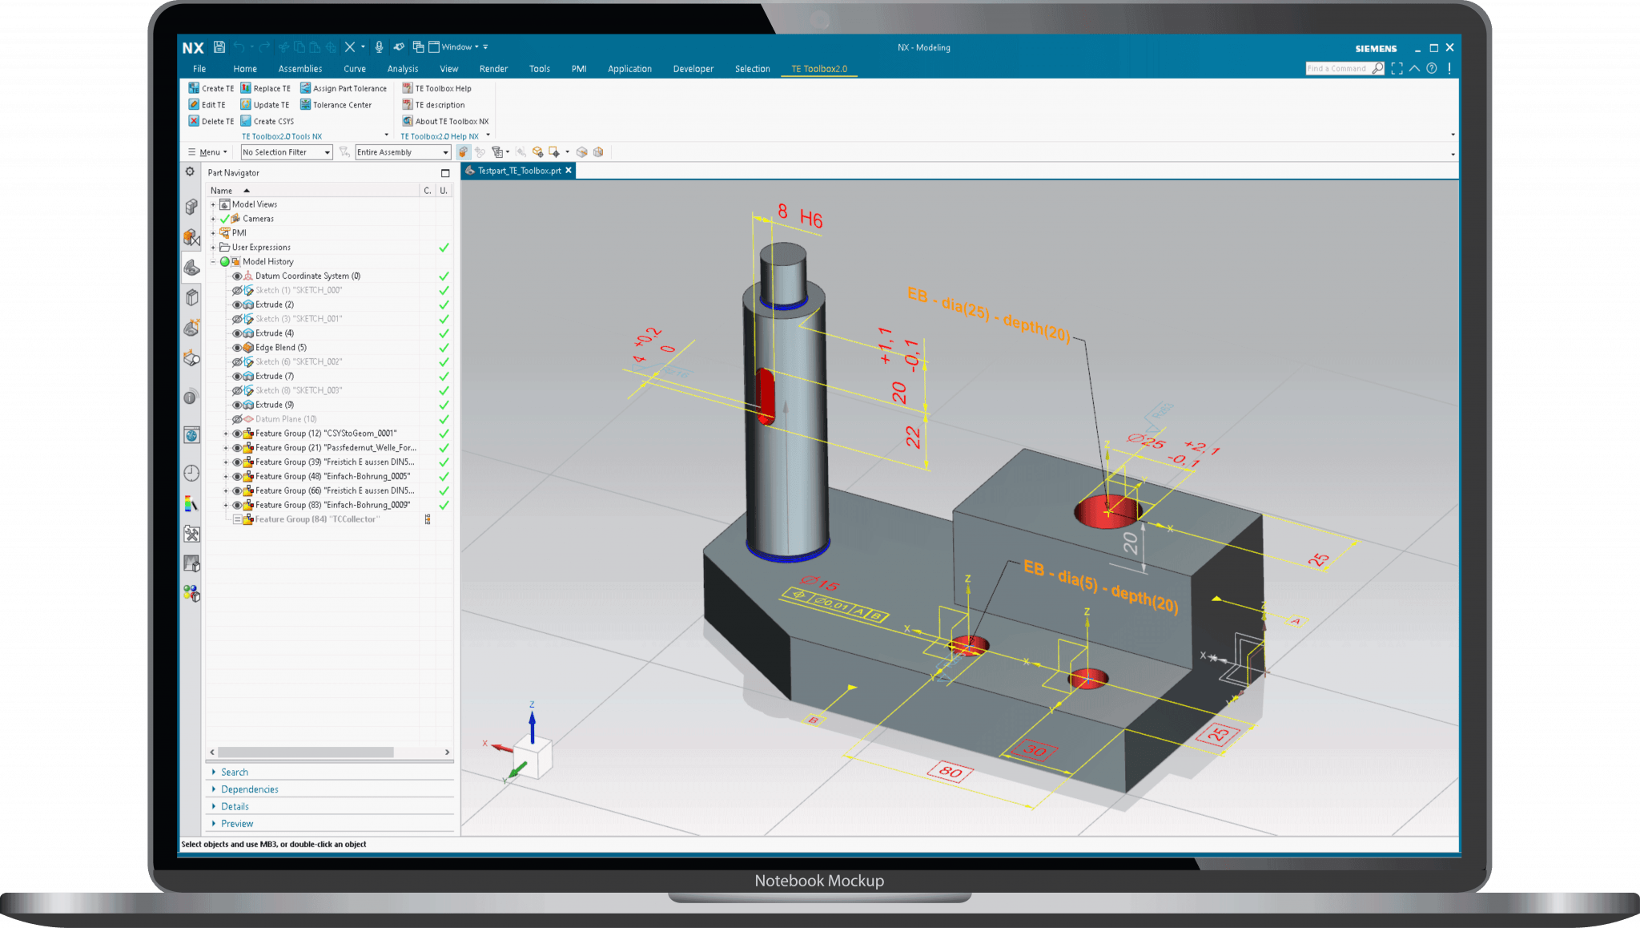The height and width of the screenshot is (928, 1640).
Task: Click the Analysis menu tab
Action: [x=403, y=69]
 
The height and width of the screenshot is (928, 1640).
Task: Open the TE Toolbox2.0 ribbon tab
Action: [x=818, y=69]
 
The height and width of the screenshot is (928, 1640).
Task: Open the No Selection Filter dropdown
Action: [x=286, y=152]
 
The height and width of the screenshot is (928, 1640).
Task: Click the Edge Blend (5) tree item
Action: [x=280, y=348]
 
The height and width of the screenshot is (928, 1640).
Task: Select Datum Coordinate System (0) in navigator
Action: [x=307, y=276]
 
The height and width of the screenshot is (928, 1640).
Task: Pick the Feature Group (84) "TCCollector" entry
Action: [x=317, y=520]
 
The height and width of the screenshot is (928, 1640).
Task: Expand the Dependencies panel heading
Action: [x=250, y=789]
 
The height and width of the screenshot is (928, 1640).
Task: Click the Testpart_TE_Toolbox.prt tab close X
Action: [x=569, y=171]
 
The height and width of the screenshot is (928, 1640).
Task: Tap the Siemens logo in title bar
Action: [x=1376, y=48]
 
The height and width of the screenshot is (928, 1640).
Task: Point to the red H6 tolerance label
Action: [x=811, y=220]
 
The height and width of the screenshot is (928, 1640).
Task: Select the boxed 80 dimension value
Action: [x=951, y=773]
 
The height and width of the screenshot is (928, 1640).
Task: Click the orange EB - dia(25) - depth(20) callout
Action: [x=988, y=313]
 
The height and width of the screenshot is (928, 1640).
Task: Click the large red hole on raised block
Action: [x=1107, y=511]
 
